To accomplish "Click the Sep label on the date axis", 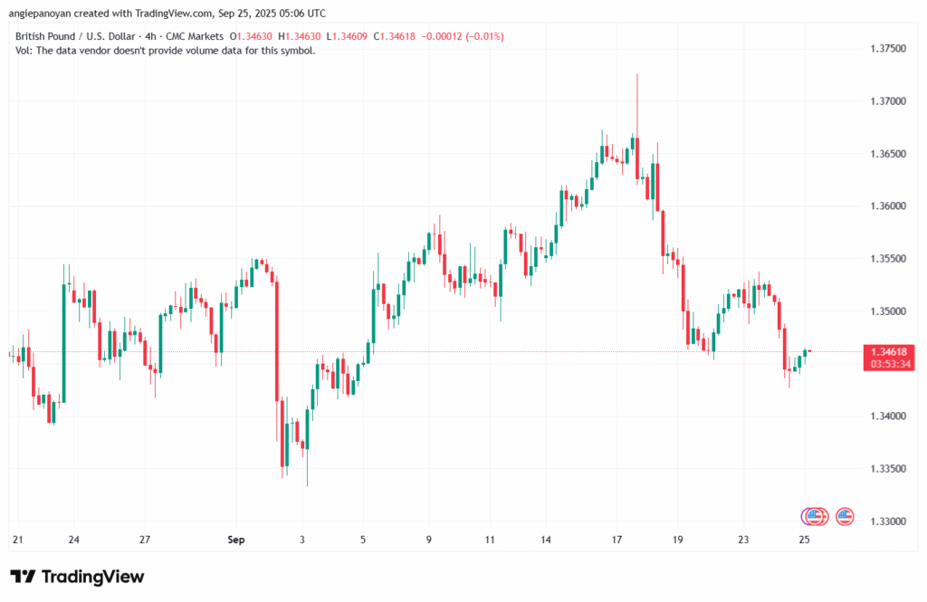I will click(236, 540).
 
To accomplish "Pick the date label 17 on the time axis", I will click(616, 540).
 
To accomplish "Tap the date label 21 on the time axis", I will click(17, 540).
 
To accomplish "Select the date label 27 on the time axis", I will click(144, 540).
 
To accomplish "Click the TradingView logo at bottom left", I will click(77, 577).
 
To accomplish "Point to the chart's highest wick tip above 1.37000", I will click(637, 75).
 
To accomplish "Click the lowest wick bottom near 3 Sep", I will click(306, 485).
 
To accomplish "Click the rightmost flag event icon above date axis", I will click(846, 516).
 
